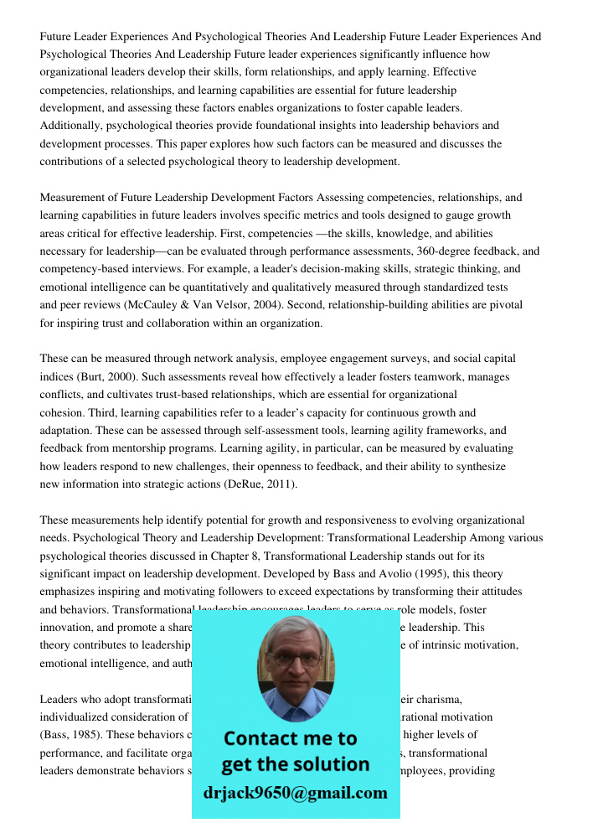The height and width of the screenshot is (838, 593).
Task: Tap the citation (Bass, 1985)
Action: click(71, 735)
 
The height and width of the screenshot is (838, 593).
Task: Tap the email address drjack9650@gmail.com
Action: click(295, 793)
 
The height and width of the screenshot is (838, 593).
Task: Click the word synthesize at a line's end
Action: click(478, 467)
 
